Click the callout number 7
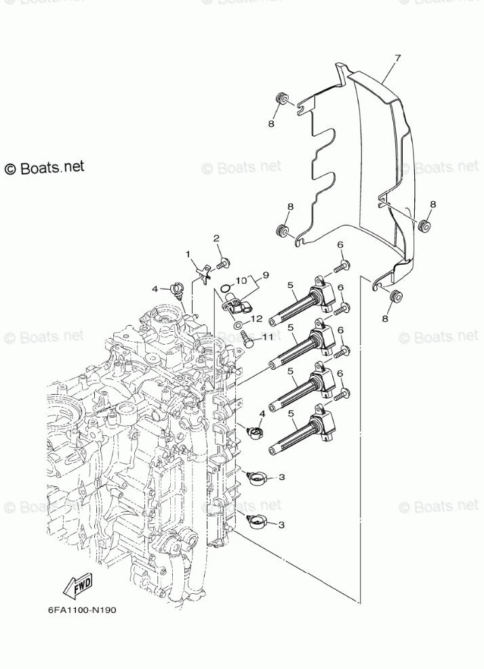[x=397, y=58]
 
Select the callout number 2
[x=216, y=238]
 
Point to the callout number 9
[x=266, y=275]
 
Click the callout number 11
[x=267, y=336]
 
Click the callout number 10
[x=241, y=280]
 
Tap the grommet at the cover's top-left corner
[x=279, y=102]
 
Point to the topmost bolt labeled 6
[x=344, y=264]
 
